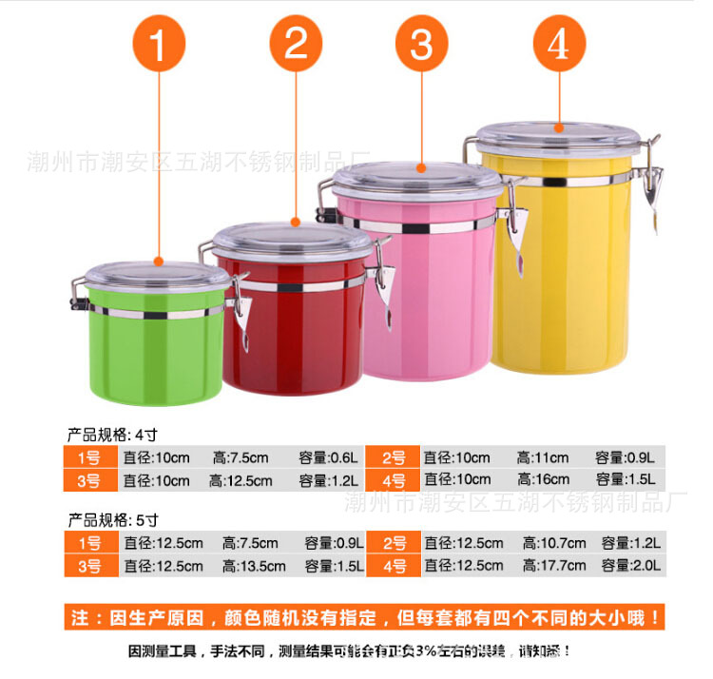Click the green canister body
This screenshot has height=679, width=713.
(x=157, y=352)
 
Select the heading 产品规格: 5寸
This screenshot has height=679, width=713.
(x=111, y=520)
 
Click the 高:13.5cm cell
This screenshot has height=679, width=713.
(x=254, y=566)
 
